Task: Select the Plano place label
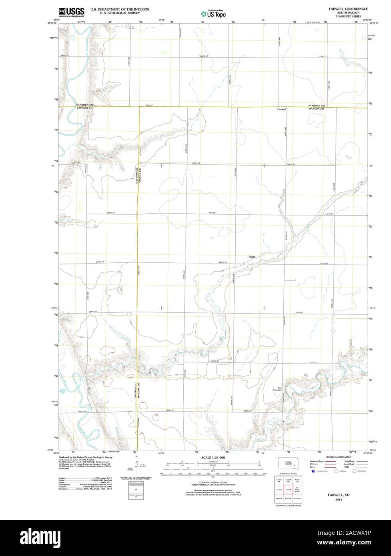point(252,256)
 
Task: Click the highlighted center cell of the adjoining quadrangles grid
point(288,489)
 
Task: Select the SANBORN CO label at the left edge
point(84,105)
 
